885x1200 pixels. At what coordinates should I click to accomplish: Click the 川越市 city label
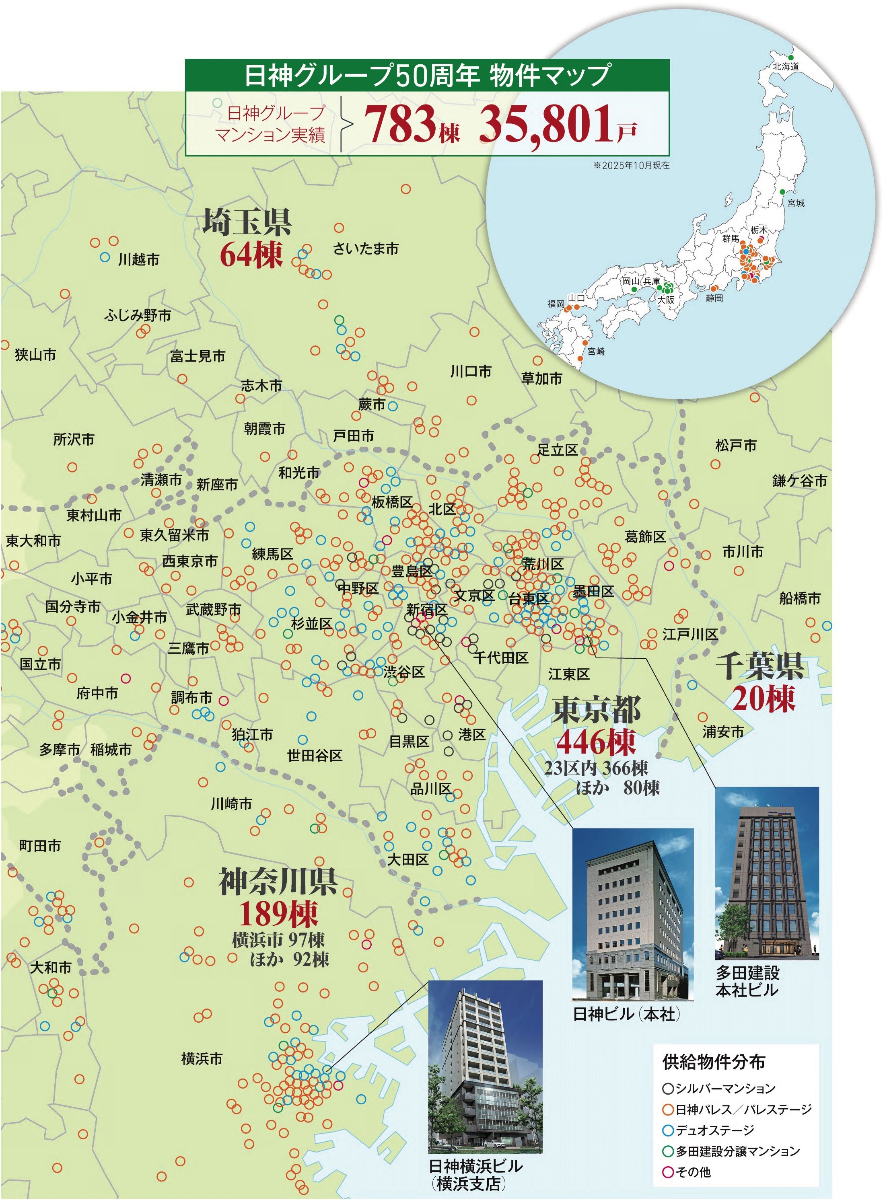click(x=139, y=260)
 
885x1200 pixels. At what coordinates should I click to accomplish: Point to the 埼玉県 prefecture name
click(x=247, y=222)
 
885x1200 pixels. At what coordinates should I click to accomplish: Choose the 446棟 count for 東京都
click(x=596, y=742)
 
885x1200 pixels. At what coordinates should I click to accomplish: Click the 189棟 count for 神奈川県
click(x=278, y=914)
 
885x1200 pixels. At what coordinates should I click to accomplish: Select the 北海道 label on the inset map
click(x=785, y=66)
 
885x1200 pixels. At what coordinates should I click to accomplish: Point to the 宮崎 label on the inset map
click(x=596, y=352)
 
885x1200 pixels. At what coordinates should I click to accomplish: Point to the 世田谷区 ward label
click(x=315, y=756)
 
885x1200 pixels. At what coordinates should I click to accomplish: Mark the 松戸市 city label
click(x=735, y=445)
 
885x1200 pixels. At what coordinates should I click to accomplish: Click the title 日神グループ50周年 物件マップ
click(x=427, y=75)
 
